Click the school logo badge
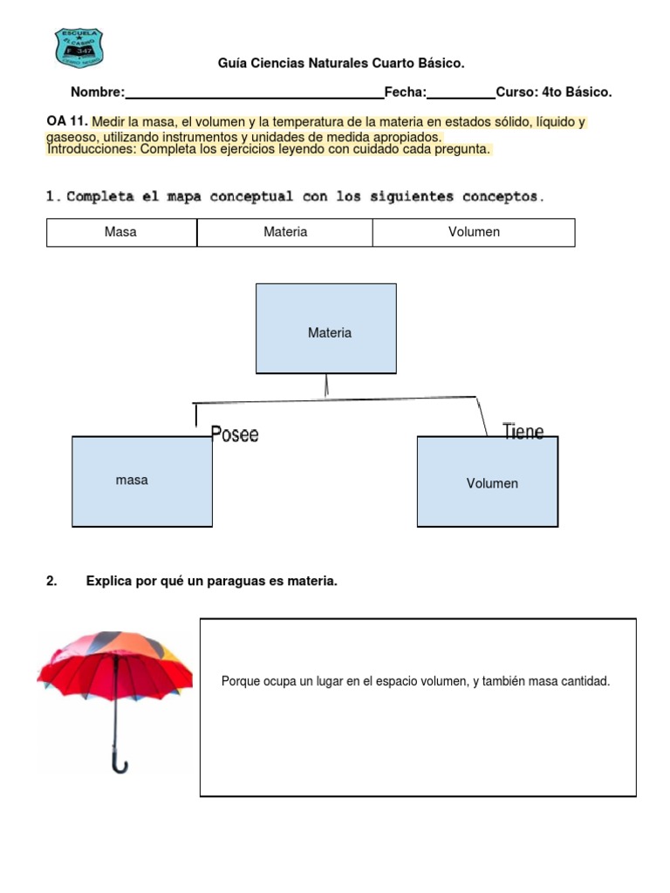pos(79,48)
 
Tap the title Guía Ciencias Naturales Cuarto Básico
pos(340,64)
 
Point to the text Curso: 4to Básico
pos(554,92)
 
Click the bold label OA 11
pos(67,122)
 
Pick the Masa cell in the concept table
pos(120,233)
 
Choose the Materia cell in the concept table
pos(285,233)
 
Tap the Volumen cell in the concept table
pos(474,233)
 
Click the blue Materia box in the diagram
pos(326,329)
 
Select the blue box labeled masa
pos(142,481)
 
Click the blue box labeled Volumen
pos(488,481)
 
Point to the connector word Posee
pos(235,434)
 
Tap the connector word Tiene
pos(523,431)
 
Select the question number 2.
pos(51,581)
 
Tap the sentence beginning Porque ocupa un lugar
pos(416,681)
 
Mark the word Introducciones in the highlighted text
pos(91,149)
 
